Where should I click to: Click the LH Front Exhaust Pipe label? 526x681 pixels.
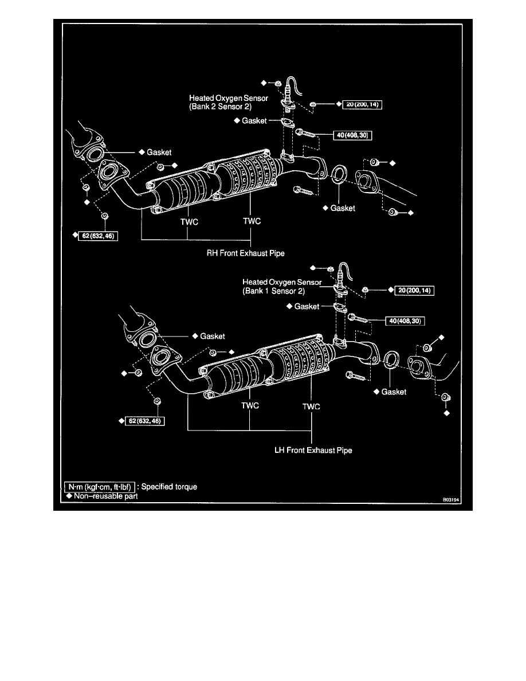pyautogui.click(x=313, y=450)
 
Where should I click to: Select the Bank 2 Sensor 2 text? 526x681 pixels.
pyautogui.click(x=221, y=107)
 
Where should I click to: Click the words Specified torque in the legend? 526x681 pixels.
pyautogui.click(x=169, y=487)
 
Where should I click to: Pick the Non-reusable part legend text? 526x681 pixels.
pyautogui.click(x=105, y=496)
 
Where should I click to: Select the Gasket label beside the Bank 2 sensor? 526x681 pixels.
pyautogui.click(x=254, y=121)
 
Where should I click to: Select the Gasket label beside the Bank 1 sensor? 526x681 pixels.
pyautogui.click(x=307, y=307)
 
